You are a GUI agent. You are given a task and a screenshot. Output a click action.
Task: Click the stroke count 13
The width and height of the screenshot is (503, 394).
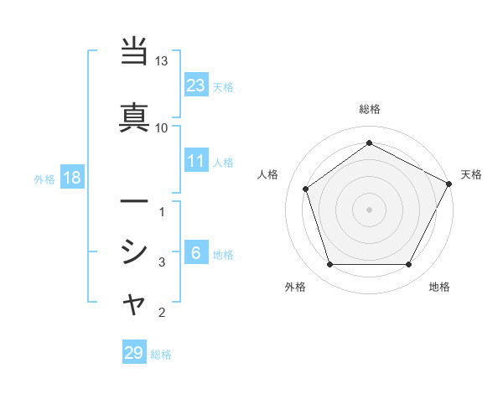point(162,62)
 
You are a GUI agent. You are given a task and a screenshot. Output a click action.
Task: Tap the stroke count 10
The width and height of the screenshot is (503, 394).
point(162,127)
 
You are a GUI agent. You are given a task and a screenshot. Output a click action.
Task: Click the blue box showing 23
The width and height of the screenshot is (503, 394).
point(196,85)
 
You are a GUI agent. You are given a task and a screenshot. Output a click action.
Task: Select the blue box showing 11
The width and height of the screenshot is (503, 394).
point(196,161)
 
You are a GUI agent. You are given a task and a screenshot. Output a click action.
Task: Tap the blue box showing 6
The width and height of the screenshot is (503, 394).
point(196,253)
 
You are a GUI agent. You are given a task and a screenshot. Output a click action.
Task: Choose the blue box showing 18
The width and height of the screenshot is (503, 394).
point(71,178)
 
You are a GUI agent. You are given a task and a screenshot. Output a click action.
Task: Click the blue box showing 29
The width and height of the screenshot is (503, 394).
point(134,353)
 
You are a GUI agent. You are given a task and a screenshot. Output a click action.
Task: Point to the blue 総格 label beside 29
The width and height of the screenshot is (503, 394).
point(162,355)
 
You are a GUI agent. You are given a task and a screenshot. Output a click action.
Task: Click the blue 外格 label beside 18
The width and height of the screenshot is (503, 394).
point(44,179)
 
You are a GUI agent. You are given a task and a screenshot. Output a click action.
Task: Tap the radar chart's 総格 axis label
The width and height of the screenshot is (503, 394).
point(370,109)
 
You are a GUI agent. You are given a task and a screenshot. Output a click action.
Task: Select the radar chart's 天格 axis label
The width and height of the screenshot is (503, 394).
point(472,174)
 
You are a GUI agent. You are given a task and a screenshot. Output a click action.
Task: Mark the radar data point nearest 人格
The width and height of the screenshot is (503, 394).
point(306,189)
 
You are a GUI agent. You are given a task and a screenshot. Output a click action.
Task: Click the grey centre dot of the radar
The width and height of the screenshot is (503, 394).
point(370,209)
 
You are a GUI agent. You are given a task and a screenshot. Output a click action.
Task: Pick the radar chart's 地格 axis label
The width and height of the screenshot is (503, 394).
point(439,288)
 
